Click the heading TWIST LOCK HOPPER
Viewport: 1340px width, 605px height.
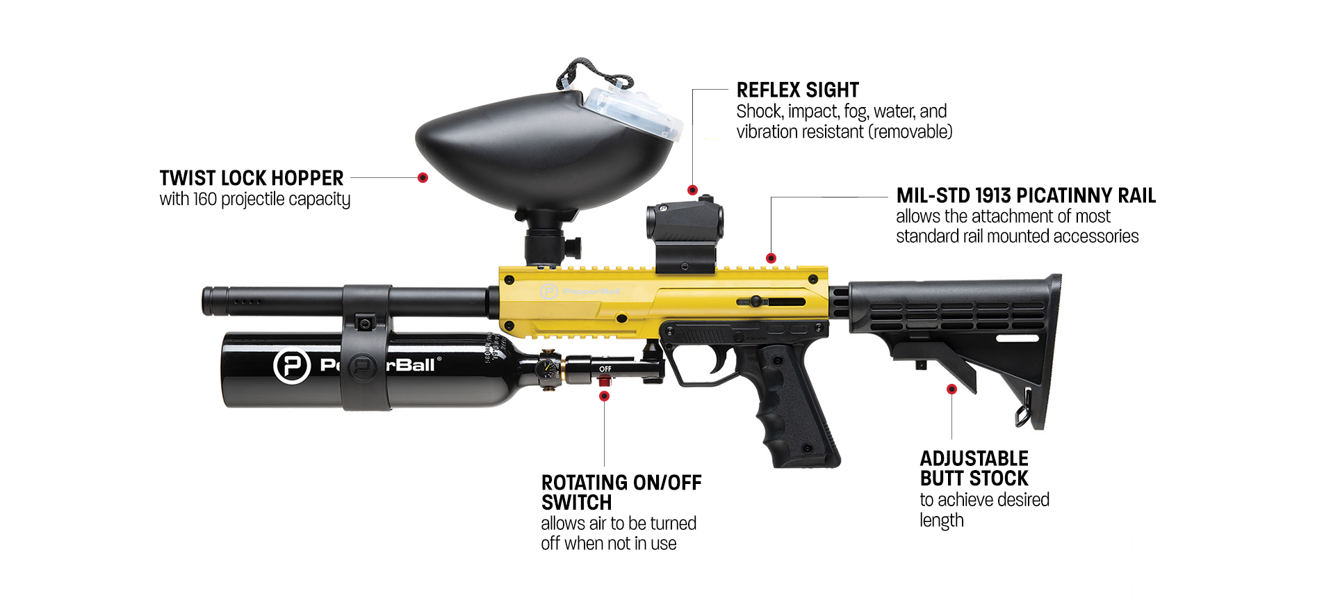[251, 178]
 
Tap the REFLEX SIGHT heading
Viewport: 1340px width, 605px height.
[797, 90]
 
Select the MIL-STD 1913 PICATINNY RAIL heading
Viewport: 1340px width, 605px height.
[1025, 195]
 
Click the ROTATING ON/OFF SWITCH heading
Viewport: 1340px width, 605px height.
[621, 492]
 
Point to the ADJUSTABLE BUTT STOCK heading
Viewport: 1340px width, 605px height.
[973, 468]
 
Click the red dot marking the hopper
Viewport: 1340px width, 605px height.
[423, 178]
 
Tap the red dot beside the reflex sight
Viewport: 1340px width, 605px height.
[692, 190]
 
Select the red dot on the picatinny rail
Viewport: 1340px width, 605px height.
[771, 259]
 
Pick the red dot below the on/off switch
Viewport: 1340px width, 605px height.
[604, 396]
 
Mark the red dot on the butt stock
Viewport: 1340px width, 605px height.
[951, 389]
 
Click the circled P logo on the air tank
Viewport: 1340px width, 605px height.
[291, 366]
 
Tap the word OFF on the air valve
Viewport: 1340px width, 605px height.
[605, 369]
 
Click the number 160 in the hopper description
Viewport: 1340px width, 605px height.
[205, 200]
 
